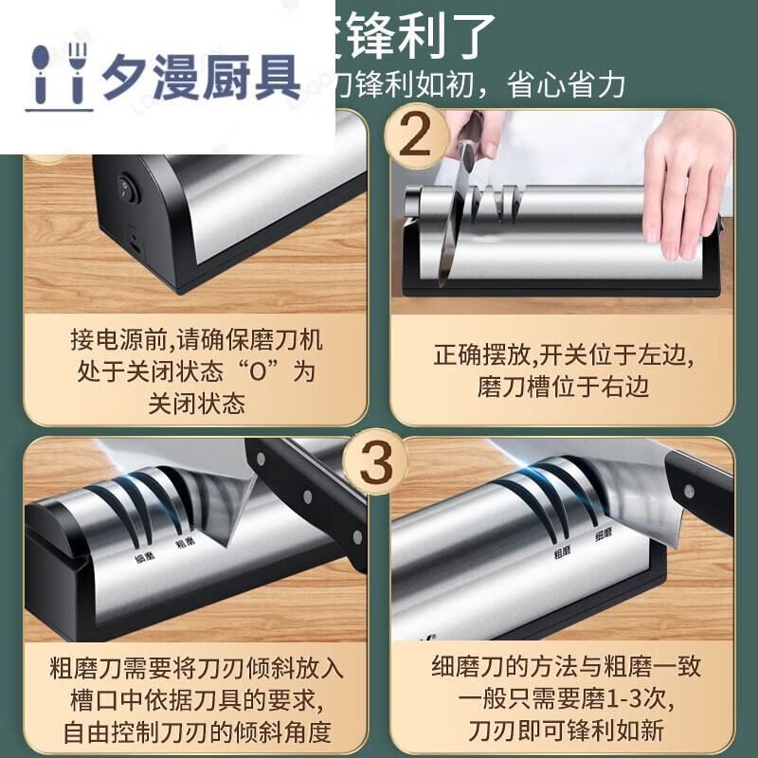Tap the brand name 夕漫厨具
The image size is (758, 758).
(201, 76)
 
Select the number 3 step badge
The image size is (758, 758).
(376, 461)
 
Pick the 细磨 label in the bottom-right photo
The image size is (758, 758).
(604, 535)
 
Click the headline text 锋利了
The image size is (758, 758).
(431, 36)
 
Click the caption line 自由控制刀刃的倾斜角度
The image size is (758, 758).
(195, 731)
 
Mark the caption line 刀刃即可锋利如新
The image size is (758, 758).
(564, 731)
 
